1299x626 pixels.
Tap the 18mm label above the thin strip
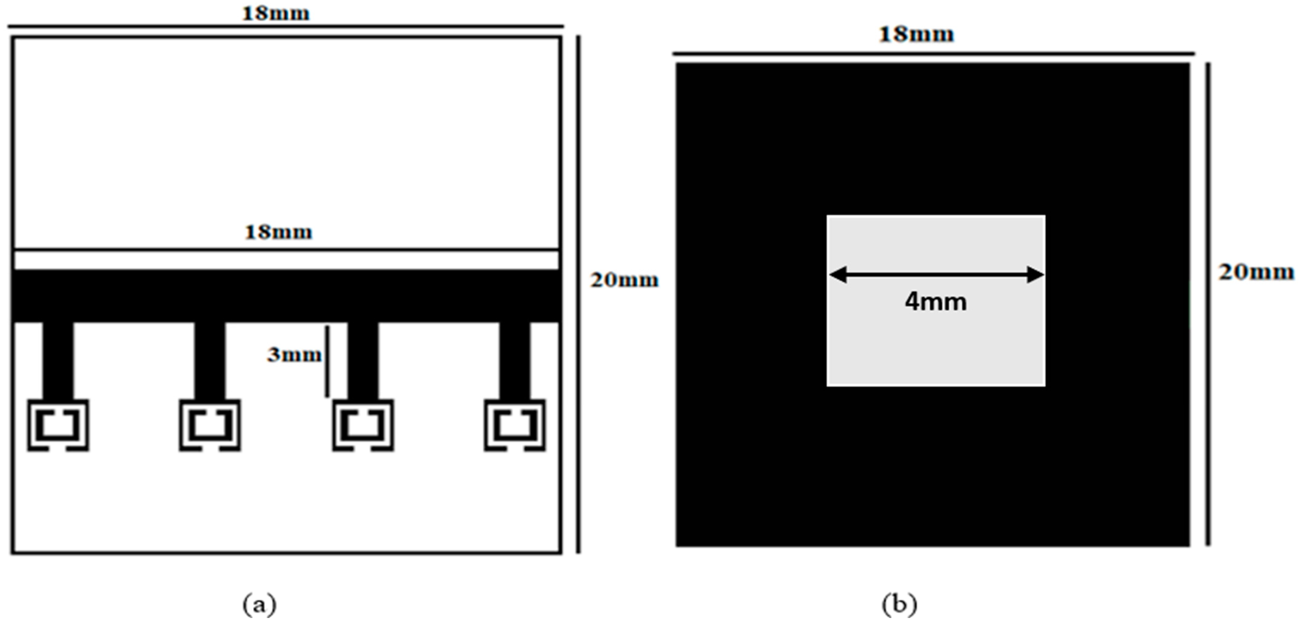(278, 232)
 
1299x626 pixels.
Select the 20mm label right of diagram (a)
(624, 280)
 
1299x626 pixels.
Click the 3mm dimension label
(294, 355)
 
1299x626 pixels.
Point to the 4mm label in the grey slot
(936, 302)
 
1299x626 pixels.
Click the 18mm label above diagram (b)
(916, 35)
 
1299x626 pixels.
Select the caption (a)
(259, 604)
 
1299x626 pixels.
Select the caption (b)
(899, 604)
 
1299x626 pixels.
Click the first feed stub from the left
(58, 360)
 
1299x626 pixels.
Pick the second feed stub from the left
(210, 360)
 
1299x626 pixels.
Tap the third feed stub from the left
(363, 360)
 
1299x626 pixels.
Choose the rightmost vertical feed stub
(515, 360)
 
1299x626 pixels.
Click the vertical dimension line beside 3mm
(327, 361)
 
